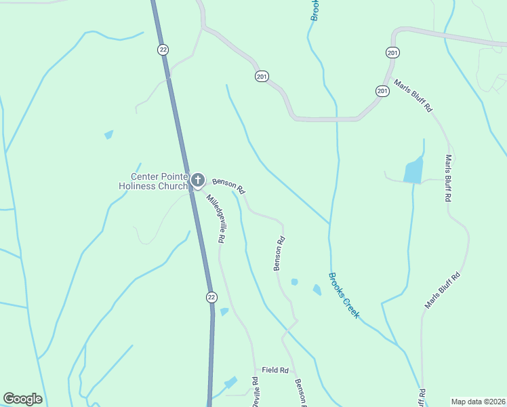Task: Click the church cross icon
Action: (197, 180)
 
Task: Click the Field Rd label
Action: (276, 370)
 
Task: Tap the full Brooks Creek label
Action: (344, 296)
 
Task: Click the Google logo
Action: (22, 399)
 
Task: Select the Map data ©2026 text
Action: (477, 402)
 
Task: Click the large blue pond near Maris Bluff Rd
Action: (413, 170)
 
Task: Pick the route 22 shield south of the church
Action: (211, 297)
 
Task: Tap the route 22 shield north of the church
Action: (163, 50)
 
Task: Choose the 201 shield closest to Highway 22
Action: (262, 76)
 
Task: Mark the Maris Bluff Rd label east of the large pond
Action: (447, 178)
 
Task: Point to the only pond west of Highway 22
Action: (108, 134)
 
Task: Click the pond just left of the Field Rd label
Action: (232, 383)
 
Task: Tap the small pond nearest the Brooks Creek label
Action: (317, 290)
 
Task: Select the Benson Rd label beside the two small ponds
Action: (279, 253)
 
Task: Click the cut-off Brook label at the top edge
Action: (315, 10)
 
